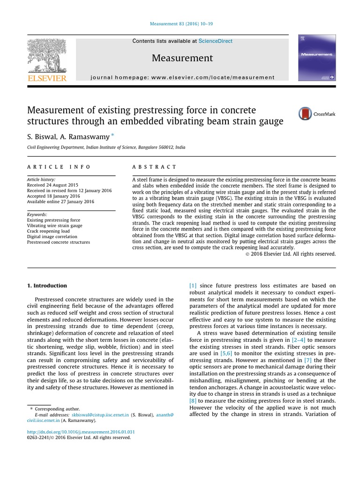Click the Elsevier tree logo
(x=46, y=56)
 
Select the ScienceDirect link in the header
(x=215, y=41)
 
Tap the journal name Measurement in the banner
(x=182, y=58)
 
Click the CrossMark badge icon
(x=305, y=114)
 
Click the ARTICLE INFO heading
(x=59, y=167)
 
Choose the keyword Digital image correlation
(x=52, y=237)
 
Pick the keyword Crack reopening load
(x=48, y=231)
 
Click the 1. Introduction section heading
(x=47, y=285)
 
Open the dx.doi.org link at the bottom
(x=81, y=432)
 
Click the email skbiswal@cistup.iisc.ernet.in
(x=99, y=415)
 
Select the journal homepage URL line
(x=182, y=77)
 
